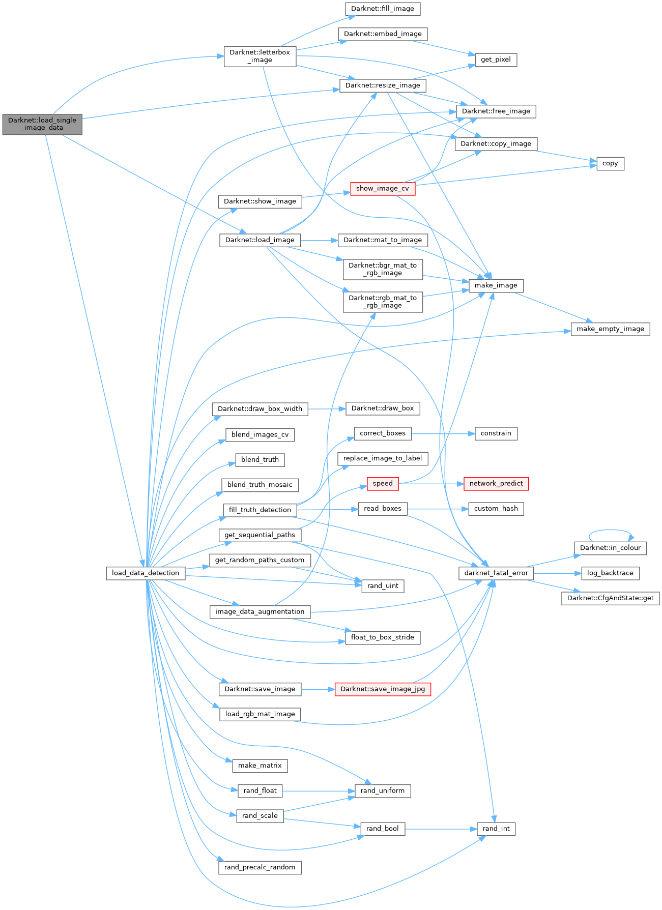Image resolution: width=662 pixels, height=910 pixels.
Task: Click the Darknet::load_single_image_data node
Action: (42, 124)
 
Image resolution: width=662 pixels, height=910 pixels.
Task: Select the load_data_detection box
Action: (146, 573)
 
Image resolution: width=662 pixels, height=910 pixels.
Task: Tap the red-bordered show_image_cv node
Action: (382, 189)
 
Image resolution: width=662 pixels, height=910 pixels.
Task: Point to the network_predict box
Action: (496, 484)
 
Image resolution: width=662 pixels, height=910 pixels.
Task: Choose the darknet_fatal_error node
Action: (496, 573)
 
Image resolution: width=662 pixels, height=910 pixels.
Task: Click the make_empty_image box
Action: (610, 329)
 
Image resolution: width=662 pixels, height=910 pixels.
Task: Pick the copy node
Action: (610, 164)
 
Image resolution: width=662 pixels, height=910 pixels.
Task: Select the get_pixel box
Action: (496, 60)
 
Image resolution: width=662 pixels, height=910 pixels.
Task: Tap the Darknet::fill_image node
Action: (382, 9)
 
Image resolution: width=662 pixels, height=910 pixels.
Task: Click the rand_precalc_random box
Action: (260, 867)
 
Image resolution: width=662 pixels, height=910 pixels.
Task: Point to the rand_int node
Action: (496, 829)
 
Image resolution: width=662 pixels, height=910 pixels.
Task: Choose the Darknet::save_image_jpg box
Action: (383, 689)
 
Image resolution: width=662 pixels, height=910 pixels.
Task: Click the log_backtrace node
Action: (610, 573)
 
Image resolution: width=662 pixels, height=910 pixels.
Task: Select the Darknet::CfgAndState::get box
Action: (610, 598)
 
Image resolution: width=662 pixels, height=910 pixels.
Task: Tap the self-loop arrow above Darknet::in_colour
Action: (611, 531)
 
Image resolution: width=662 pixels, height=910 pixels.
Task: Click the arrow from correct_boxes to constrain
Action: (443, 434)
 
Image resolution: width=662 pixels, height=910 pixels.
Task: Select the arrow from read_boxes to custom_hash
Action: (438, 509)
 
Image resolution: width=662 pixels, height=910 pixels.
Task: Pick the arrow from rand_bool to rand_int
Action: (441, 829)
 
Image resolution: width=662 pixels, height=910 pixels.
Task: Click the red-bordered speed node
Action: (382, 484)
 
